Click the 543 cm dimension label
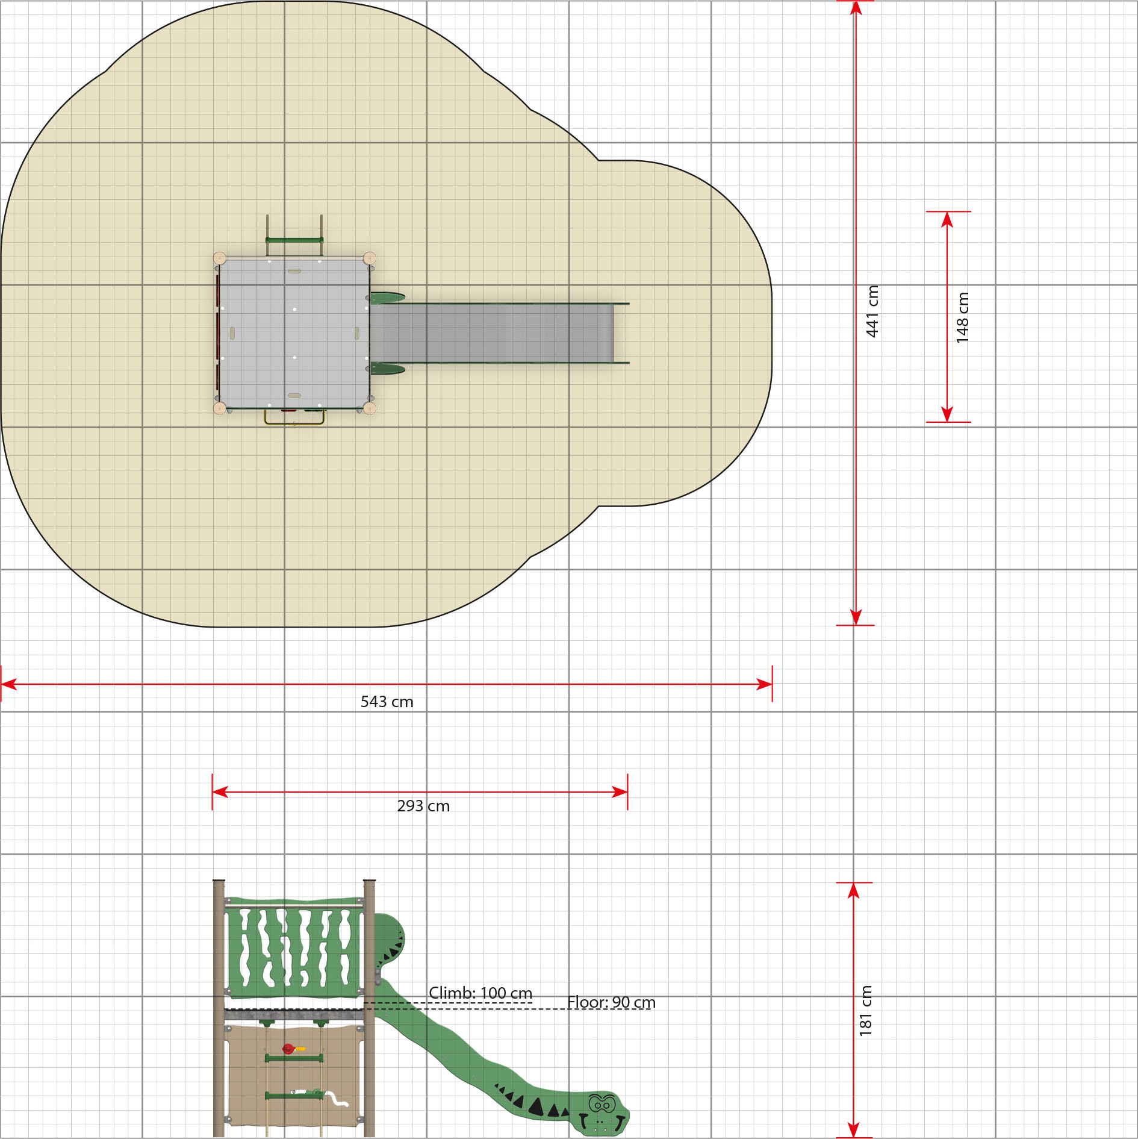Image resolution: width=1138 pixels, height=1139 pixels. click(387, 702)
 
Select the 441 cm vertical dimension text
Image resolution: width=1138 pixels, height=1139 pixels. click(872, 311)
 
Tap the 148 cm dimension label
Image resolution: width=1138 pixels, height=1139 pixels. click(962, 318)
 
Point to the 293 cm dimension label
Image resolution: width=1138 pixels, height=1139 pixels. click(423, 806)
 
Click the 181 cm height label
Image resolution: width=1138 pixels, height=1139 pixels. click(866, 1011)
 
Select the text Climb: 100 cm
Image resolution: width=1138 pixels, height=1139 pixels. click(480, 993)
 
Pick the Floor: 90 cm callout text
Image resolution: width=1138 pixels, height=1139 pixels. click(611, 1002)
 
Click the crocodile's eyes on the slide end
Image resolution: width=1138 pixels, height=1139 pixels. click(601, 1104)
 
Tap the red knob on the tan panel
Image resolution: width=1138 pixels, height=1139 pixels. click(288, 1049)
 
